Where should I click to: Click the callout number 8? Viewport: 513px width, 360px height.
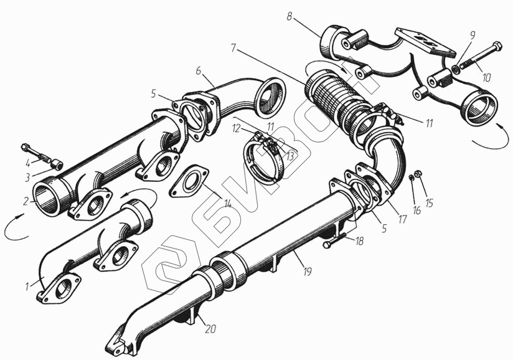point(289,17)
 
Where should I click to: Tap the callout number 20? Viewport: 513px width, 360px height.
point(210,329)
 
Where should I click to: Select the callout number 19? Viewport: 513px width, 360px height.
point(307,272)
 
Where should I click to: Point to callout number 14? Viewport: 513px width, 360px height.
point(227,204)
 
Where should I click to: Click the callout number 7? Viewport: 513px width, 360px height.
point(233,48)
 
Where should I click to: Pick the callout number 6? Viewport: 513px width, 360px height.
point(199,70)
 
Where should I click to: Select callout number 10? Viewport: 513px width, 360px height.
point(486,78)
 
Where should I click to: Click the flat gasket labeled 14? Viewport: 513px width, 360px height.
point(189,181)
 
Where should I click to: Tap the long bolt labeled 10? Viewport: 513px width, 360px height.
point(480,55)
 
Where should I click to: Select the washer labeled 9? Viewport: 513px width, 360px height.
point(455,69)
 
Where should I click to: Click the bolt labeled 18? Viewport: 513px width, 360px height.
point(335,240)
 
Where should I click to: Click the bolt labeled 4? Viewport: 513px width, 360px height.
point(35,153)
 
